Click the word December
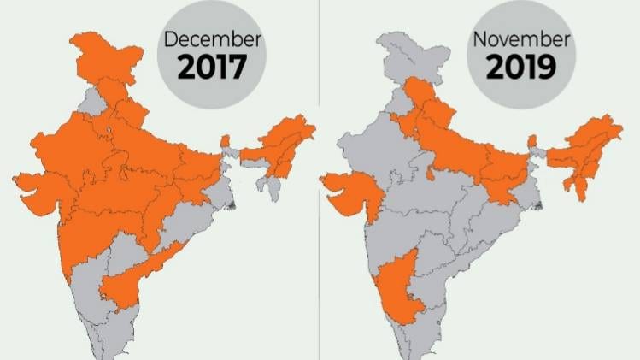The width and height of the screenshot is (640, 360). [211, 38]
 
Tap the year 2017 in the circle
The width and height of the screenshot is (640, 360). [211, 67]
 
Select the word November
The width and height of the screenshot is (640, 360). [522, 38]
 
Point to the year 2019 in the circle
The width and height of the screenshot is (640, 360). [522, 67]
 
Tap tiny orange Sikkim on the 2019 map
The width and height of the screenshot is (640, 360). [533, 141]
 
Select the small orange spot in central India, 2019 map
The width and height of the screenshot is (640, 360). [429, 175]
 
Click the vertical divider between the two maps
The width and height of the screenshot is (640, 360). [320, 180]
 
